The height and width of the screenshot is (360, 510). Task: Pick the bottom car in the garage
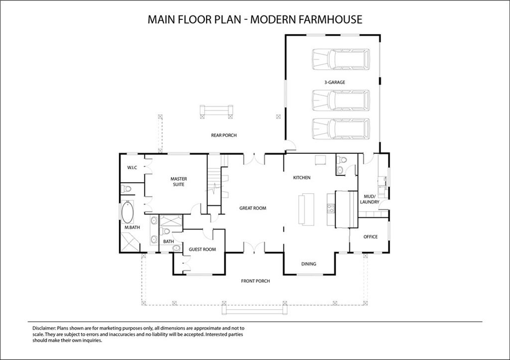(341, 128)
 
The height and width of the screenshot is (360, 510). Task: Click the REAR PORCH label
(224, 135)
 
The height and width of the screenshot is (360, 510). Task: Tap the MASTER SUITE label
(178, 181)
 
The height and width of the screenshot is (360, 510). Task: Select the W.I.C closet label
(132, 167)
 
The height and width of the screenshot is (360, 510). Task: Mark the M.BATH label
(131, 228)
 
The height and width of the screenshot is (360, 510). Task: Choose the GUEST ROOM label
(202, 249)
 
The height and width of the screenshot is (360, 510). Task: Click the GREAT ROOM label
(253, 208)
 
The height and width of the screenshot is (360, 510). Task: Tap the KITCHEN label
(302, 178)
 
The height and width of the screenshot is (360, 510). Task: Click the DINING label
(309, 264)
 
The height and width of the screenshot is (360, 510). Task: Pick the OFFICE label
(370, 237)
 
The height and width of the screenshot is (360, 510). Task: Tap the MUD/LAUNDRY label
(370, 199)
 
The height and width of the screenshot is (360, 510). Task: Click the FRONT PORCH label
(255, 281)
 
